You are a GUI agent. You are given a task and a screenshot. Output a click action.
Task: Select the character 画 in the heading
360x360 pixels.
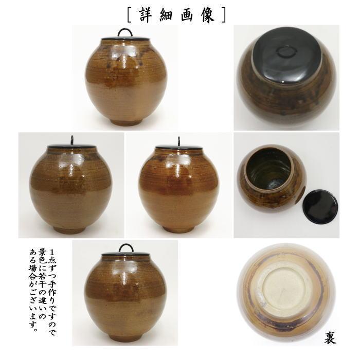(x=189, y=14)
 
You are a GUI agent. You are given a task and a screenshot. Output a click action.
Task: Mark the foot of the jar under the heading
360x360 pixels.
(x=125, y=122)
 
